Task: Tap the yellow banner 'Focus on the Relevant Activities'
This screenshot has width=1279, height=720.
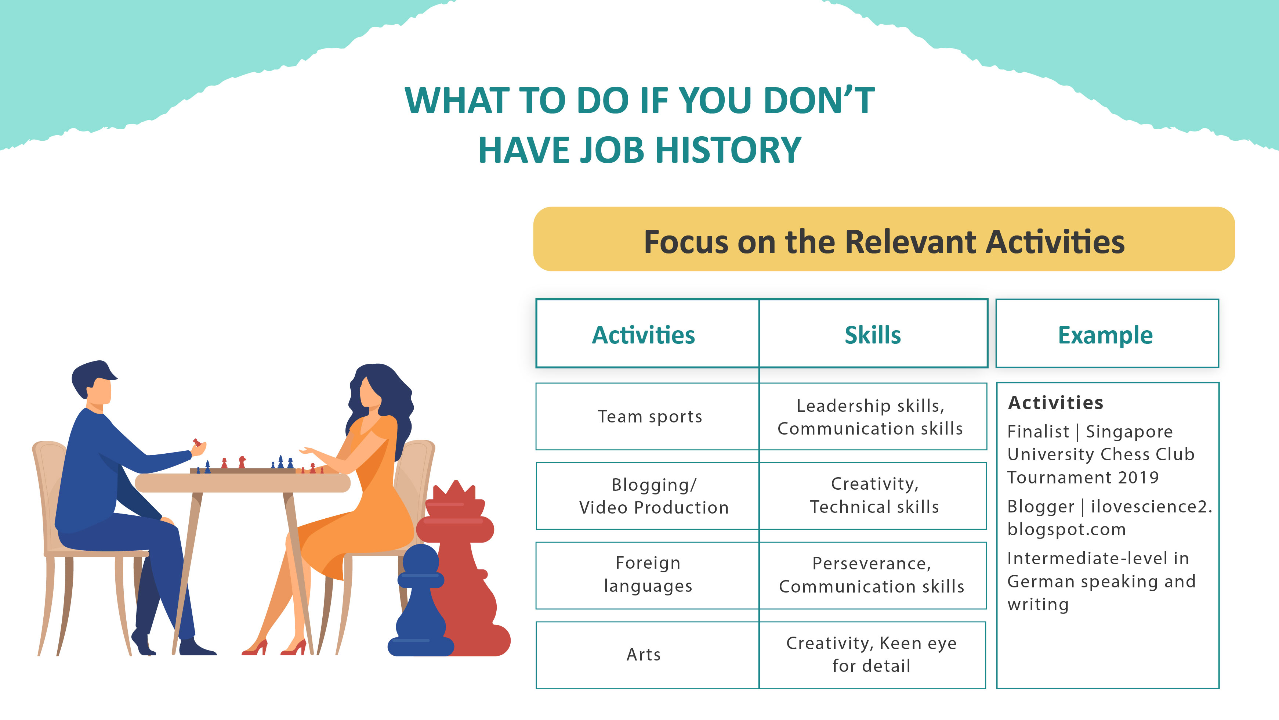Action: tap(884, 240)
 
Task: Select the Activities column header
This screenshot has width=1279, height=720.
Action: tap(644, 334)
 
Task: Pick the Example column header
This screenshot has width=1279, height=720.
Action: tap(1106, 334)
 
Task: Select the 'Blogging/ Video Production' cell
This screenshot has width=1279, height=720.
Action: tap(648, 496)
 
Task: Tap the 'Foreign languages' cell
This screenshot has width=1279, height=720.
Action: tap(648, 575)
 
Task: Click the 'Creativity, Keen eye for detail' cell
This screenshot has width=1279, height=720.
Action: tap(872, 654)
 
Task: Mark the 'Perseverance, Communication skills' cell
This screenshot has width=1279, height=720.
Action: tap(872, 575)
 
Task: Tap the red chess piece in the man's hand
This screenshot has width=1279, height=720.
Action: tap(197, 442)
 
